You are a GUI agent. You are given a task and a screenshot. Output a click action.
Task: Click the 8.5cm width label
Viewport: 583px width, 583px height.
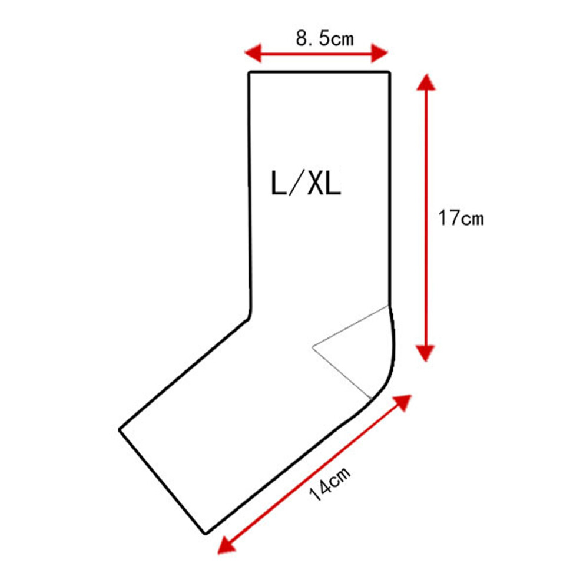tap(325, 38)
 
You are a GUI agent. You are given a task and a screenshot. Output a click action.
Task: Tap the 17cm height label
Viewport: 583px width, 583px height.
tap(461, 218)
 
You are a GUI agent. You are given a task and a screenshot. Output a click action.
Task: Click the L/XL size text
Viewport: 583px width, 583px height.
tap(306, 184)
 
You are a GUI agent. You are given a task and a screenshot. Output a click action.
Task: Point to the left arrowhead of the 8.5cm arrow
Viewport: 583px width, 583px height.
tap(253, 53)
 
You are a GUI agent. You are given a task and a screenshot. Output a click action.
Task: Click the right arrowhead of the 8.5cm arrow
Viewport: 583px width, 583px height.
tap(380, 53)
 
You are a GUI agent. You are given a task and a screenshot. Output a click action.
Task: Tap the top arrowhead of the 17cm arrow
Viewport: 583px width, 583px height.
tap(426, 82)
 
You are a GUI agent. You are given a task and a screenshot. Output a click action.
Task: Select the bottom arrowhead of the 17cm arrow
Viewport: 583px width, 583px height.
tap(425, 353)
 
